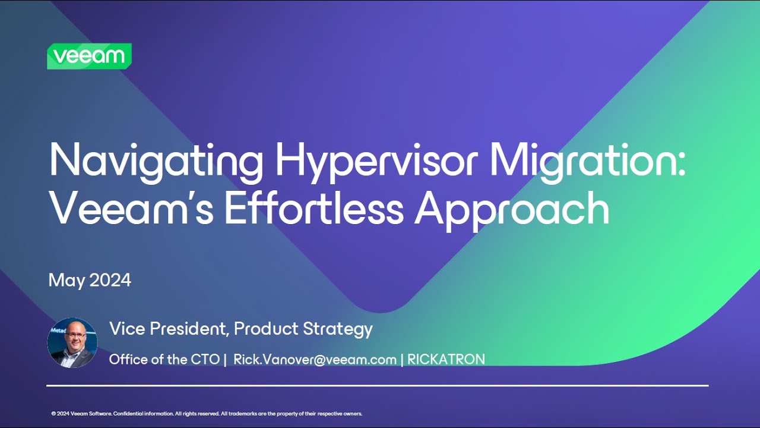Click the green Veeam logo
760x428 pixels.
pyautogui.click(x=89, y=56)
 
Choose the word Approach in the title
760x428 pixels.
pyautogui.click(x=512, y=209)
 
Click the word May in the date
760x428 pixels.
pyautogui.click(x=67, y=281)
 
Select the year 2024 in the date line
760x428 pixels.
pyautogui.click(x=110, y=280)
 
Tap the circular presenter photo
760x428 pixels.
pyautogui.click(x=72, y=342)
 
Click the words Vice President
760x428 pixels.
pyautogui.click(x=167, y=329)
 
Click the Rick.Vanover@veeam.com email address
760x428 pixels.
pyautogui.click(x=315, y=359)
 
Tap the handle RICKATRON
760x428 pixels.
pyautogui.click(x=446, y=359)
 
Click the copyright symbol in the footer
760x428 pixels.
pyautogui.click(x=53, y=414)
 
